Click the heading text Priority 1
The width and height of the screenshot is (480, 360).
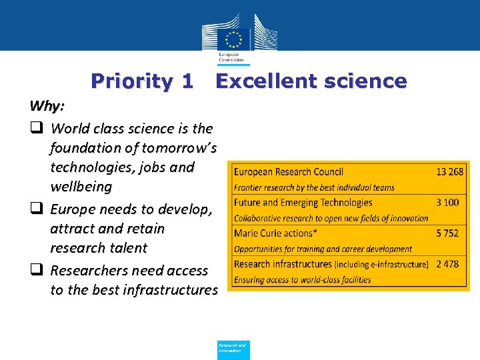coord(142,81)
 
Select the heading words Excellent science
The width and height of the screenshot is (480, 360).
coord(311,81)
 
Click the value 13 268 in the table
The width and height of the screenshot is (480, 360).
coord(449,172)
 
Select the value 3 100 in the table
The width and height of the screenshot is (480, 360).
coord(447,203)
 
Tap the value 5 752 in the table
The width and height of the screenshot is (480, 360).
coord(447,233)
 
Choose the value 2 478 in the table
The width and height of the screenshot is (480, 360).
coord(447,264)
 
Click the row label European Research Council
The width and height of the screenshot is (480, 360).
coord(289,172)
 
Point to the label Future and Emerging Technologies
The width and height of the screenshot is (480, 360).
coord(303,203)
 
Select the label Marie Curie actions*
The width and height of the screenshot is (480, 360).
coord(273,233)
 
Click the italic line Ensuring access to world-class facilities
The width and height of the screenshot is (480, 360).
coord(302,280)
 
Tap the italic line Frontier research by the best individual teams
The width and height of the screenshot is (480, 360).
coord(314,188)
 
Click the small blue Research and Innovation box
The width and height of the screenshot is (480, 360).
coord(233,349)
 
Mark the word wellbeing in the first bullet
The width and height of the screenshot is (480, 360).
coord(81,187)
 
